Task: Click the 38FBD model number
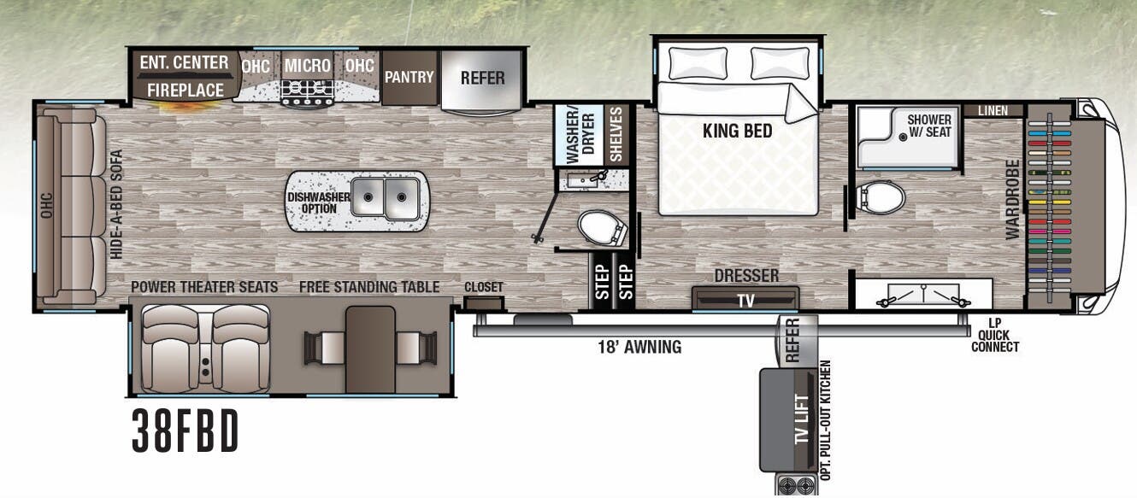pyautogui.click(x=186, y=432)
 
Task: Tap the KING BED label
pyautogui.click(x=737, y=131)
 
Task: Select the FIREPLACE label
pyautogui.click(x=185, y=89)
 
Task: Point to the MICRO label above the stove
pyautogui.click(x=307, y=66)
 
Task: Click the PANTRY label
pyautogui.click(x=409, y=77)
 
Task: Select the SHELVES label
pyautogui.click(x=616, y=135)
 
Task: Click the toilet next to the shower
pyautogui.click(x=881, y=198)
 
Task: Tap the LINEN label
pyautogui.click(x=993, y=111)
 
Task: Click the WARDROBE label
pyautogui.click(x=1013, y=199)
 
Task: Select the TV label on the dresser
pyautogui.click(x=745, y=300)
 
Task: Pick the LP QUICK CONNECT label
pyautogui.click(x=994, y=335)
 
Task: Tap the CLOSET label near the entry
pyautogui.click(x=484, y=287)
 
